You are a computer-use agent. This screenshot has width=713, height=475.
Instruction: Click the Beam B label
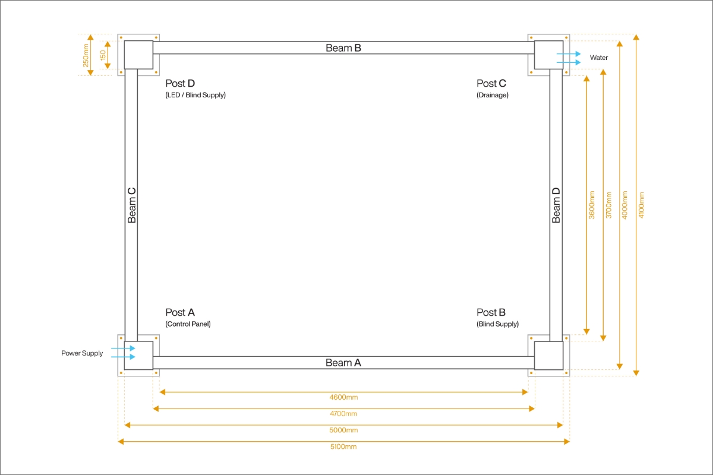pos(343,48)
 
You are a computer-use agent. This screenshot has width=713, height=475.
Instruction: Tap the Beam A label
pos(343,363)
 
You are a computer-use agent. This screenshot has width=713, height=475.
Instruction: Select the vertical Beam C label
pos(131,205)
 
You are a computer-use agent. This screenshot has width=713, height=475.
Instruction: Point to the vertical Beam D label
pos(556,205)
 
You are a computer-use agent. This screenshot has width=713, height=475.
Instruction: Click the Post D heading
pos(180,83)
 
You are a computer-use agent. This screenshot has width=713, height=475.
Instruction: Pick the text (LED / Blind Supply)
pos(195,95)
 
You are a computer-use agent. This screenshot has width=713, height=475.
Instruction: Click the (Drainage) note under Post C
pos(493,95)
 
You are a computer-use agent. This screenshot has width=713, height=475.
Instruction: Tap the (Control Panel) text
pos(188,324)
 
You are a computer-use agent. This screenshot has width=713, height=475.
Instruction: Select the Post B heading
pos(491,312)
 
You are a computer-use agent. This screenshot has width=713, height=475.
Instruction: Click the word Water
pos(599,58)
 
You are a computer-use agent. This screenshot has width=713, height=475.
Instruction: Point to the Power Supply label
pos(82,353)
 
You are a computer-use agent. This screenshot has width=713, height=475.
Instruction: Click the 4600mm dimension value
pos(343,397)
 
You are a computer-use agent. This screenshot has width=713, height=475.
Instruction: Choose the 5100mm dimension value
pos(343,446)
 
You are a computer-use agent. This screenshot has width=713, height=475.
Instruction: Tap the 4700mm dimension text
pos(343,414)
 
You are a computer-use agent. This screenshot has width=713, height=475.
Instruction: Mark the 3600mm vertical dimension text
pos(591,205)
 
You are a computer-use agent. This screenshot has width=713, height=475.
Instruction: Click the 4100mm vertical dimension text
pos(641,205)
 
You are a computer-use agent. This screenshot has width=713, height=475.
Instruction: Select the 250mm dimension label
pos(86,55)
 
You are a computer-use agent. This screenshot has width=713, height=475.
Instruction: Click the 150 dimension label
pos(103,55)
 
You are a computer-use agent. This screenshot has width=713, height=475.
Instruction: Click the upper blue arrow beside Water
pos(569,54)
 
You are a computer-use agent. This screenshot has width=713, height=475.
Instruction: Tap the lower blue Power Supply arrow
pos(123,357)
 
